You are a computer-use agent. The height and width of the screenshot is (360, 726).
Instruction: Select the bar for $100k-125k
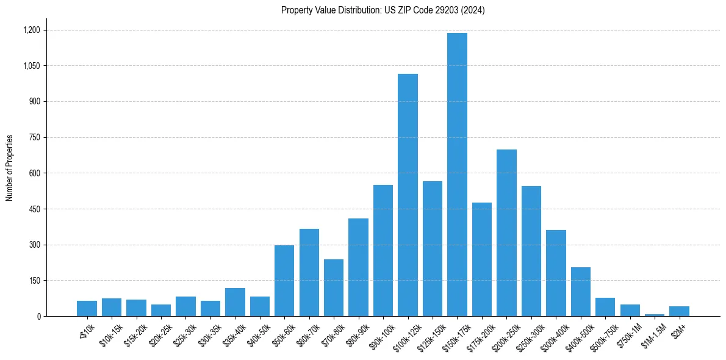tap(408, 195)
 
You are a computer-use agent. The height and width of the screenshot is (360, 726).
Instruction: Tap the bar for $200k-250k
tap(506, 232)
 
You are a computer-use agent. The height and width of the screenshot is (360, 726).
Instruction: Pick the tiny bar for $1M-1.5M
tap(655, 315)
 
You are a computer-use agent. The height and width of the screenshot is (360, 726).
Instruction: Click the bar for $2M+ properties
tap(679, 311)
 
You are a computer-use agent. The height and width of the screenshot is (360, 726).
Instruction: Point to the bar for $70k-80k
tap(334, 287)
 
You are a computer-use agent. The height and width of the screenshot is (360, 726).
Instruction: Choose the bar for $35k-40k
tap(235, 302)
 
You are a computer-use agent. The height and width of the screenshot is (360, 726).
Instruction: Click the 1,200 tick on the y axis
tap(32, 30)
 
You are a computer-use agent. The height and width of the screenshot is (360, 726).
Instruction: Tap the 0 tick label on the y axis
tap(38, 317)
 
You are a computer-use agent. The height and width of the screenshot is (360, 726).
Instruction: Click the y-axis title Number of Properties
tap(10, 168)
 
